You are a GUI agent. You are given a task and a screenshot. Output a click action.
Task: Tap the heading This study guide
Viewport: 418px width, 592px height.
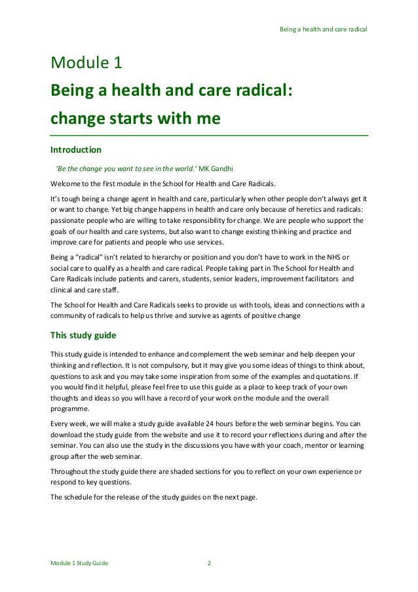point(83,336)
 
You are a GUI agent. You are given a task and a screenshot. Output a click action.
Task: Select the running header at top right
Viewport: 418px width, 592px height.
point(323,30)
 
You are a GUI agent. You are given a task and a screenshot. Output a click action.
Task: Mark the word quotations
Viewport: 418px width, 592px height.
point(341,376)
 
